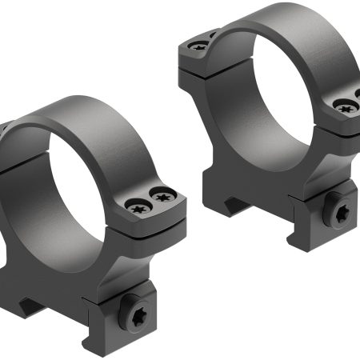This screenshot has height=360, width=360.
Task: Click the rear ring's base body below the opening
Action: (264, 184)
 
